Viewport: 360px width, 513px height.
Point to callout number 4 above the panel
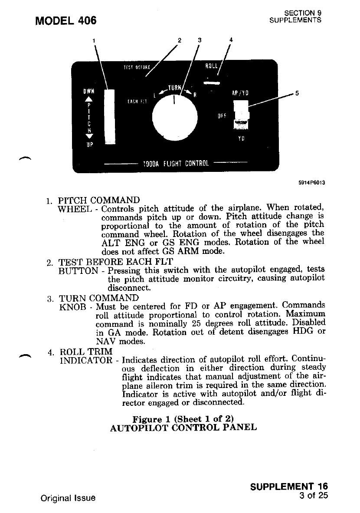coord(231,40)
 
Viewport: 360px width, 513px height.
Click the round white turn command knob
coord(175,115)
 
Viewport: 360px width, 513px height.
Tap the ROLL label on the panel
coord(212,66)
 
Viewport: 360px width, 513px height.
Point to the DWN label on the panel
coord(89,92)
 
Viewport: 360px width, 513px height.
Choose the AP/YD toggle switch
coord(241,114)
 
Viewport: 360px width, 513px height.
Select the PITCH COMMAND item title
coord(99,201)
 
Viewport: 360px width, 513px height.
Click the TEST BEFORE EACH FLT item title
coord(116,262)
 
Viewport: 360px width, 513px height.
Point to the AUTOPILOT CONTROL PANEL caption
coord(183,427)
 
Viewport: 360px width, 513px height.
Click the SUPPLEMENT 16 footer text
coord(289,487)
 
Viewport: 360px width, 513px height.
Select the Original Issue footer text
coord(68,498)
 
